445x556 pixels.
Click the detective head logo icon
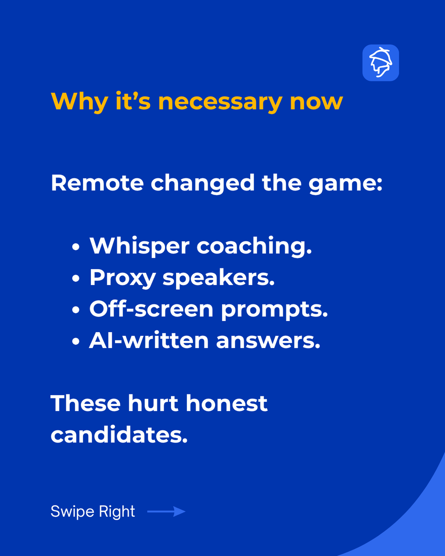click(381, 63)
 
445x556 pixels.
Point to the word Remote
click(97, 183)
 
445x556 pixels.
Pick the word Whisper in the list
click(140, 246)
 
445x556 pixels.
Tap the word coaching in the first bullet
click(254, 246)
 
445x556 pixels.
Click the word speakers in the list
click(218, 278)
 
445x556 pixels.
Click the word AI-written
click(149, 340)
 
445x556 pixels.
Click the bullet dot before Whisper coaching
click(76, 247)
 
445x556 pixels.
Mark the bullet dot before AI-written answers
click(76, 341)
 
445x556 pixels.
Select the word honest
click(227, 403)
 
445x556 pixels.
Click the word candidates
click(119, 435)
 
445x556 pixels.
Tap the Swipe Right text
click(93, 512)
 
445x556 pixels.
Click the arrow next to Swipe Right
click(166, 512)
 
